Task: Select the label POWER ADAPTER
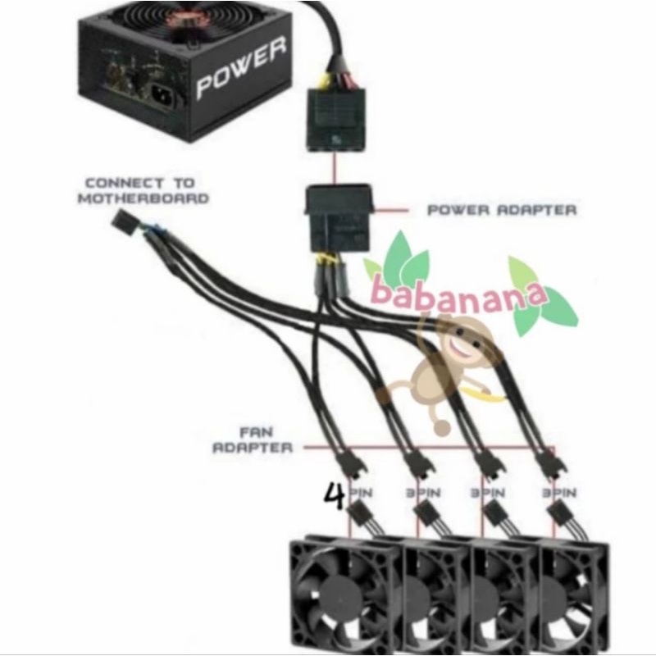tap(502, 210)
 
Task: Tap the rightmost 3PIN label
tap(559, 494)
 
